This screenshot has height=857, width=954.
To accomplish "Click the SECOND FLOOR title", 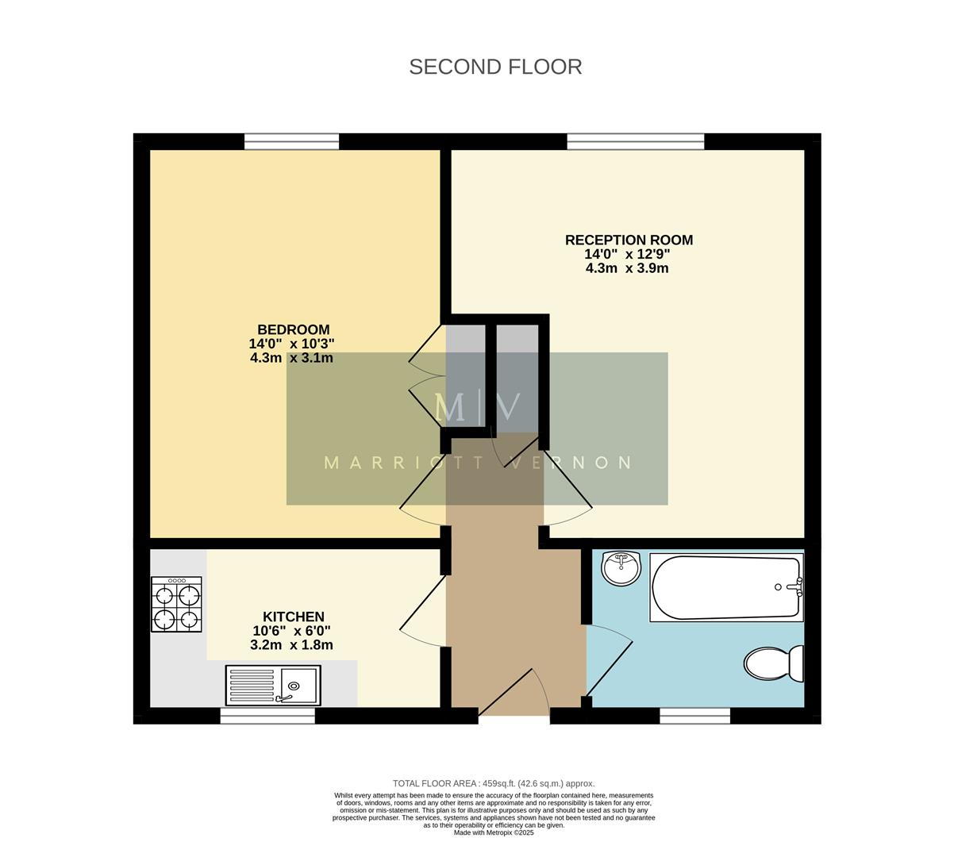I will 495,67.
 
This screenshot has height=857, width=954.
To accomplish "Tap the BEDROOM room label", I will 293,330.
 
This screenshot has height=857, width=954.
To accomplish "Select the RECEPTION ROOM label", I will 629,240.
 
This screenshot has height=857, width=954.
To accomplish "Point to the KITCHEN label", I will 293,617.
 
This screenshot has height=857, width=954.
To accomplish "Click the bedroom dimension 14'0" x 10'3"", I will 291,344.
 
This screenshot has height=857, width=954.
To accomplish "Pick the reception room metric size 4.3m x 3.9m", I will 627,268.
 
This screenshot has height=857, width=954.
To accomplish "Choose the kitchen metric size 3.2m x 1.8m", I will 291,645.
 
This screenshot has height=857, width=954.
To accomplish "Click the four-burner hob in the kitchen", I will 176,604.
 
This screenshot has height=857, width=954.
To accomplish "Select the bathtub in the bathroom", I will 726,588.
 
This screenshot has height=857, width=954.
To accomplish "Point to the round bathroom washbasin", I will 621,567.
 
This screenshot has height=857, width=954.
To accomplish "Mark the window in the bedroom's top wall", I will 291,142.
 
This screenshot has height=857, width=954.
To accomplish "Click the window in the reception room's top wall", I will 635,142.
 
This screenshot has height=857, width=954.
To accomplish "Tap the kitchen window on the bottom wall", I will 267,716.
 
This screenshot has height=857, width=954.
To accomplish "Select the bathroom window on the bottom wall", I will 694,716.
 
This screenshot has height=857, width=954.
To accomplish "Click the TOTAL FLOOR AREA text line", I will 494,783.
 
